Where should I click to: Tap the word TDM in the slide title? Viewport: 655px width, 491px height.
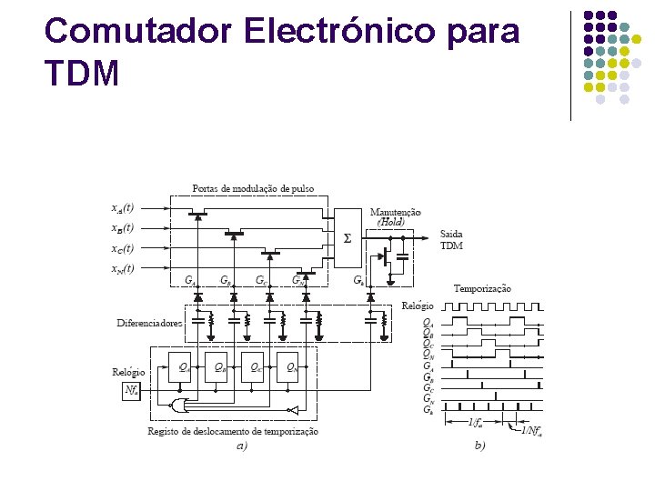82,73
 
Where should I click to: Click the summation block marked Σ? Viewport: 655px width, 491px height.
346,239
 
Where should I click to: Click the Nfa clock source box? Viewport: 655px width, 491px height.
132,391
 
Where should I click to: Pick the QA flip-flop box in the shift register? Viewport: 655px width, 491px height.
182,368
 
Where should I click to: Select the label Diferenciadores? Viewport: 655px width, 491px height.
149,323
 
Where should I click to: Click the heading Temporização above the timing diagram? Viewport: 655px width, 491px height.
482,288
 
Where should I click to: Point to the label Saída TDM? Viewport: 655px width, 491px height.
451,239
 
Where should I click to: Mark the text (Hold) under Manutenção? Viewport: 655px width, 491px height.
391,222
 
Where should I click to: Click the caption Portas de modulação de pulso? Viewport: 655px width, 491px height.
253,188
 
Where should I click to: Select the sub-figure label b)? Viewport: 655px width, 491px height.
481,446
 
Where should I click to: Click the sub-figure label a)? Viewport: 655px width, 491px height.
241,446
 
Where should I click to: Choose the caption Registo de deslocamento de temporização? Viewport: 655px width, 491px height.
233,431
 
